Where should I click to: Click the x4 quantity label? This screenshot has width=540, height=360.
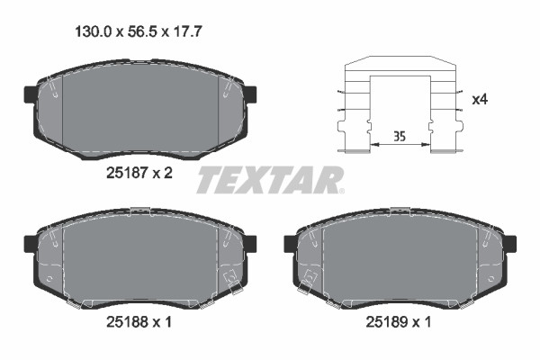(x=481, y=99)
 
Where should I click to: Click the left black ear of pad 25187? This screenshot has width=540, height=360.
(x=28, y=94)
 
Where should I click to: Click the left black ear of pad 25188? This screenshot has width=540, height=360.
(x=28, y=242)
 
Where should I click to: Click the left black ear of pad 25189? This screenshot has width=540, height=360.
(x=291, y=243)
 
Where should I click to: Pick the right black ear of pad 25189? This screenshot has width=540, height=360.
(x=509, y=243)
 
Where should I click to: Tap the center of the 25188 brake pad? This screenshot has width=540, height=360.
(x=139, y=256)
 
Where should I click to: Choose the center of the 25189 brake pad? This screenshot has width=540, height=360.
(x=400, y=256)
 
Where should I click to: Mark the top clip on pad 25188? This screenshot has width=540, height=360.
(x=139, y=211)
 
